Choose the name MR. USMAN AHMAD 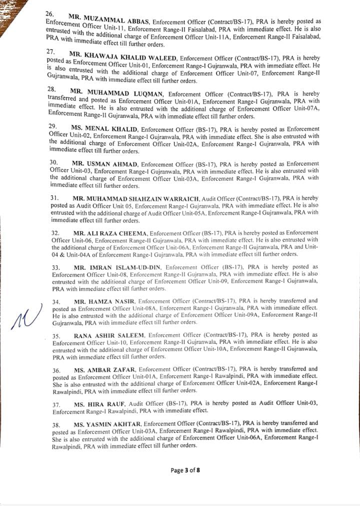[105, 164]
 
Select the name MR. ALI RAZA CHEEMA [110, 233]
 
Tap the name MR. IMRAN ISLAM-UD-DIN [117, 268]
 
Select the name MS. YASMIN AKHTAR [107, 424]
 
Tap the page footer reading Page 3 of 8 [185, 470]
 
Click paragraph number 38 [56, 424]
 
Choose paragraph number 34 [56, 302]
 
